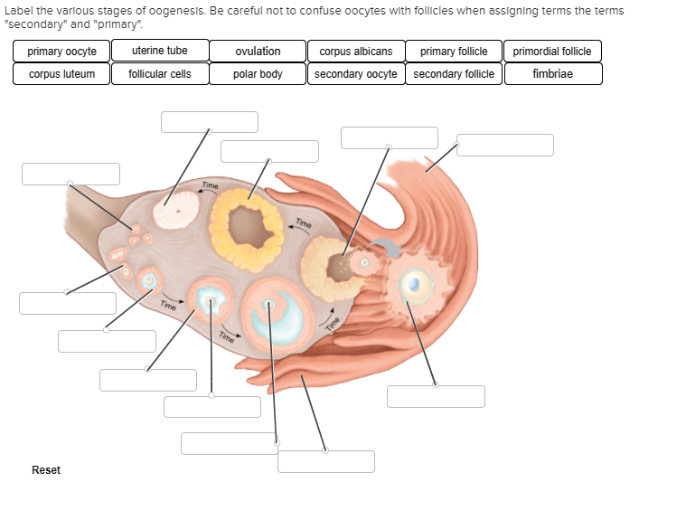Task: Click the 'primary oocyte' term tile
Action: coord(61,52)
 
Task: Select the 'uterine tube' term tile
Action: coord(160,51)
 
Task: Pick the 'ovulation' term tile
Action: coord(258,52)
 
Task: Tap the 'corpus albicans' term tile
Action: coord(355,52)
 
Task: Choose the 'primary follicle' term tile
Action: coord(454,52)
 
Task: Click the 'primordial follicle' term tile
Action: coord(552,52)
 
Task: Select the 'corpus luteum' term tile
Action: coord(61,74)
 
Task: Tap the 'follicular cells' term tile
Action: coord(160,74)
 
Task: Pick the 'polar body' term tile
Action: coord(258,74)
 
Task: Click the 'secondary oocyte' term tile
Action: coord(355,74)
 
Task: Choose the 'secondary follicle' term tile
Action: coord(454,74)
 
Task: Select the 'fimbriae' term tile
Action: coord(552,74)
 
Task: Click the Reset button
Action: coord(46,469)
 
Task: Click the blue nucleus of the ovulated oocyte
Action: coord(414,283)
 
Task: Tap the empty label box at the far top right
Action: coord(504,145)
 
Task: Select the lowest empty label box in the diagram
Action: coord(325,461)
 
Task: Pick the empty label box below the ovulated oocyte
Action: coord(436,396)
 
